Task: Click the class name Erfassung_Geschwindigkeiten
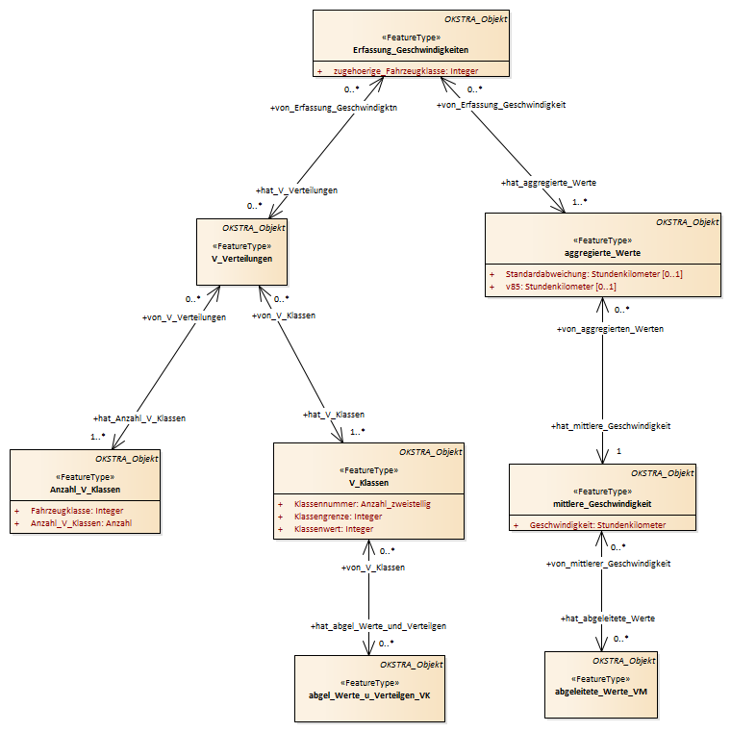pyautogui.click(x=411, y=50)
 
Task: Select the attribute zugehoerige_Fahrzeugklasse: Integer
pyautogui.click(x=406, y=71)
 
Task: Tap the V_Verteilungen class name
pyautogui.click(x=241, y=259)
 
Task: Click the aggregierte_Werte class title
pyautogui.click(x=602, y=253)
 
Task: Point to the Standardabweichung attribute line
pyautogui.click(x=593, y=274)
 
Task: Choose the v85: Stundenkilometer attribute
pyautogui.click(x=561, y=287)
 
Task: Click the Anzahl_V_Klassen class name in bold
pyautogui.click(x=85, y=490)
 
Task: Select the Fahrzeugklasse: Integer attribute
pyautogui.click(x=77, y=511)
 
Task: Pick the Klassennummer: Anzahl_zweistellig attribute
pyautogui.click(x=363, y=504)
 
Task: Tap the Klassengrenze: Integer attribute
pyautogui.click(x=338, y=517)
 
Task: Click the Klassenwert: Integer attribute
pyautogui.click(x=334, y=529)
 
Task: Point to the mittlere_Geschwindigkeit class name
pyautogui.click(x=602, y=504)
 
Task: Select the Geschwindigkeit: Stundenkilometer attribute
pyautogui.click(x=597, y=525)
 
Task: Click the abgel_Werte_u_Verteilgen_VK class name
pyautogui.click(x=369, y=695)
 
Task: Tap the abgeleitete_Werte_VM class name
pyautogui.click(x=601, y=692)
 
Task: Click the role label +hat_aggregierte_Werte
pyautogui.click(x=548, y=183)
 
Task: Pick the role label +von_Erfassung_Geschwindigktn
pyautogui.click(x=334, y=108)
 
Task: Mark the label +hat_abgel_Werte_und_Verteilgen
pyautogui.click(x=378, y=626)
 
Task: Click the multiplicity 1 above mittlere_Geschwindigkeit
pyautogui.click(x=619, y=451)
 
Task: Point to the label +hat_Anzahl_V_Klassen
pyautogui.click(x=139, y=418)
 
